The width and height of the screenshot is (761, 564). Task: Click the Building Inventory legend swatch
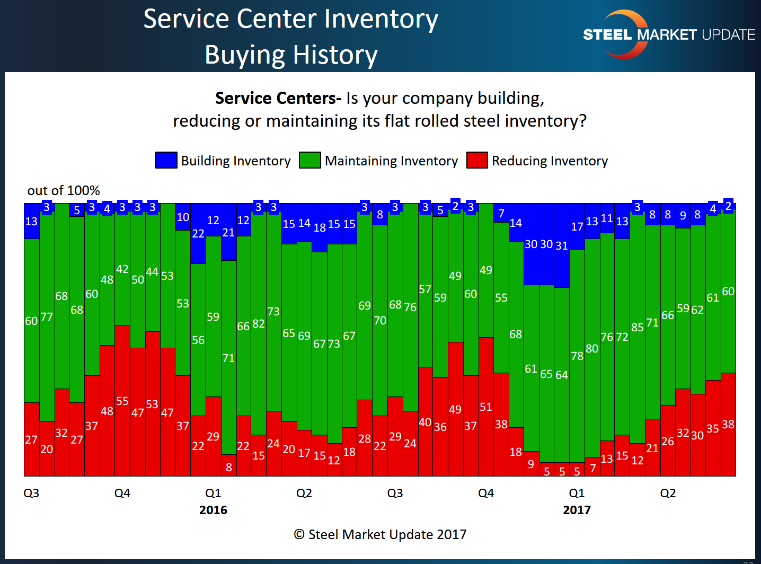tap(166, 160)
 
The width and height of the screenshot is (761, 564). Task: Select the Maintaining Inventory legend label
tap(391, 161)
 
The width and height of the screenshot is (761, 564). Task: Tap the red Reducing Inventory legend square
tap(477, 160)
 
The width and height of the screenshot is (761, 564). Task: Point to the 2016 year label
tap(213, 510)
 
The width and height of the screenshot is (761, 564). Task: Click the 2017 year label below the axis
tap(577, 510)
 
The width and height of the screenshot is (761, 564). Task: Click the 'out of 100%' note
tap(64, 190)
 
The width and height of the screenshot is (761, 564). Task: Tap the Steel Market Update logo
tap(669, 34)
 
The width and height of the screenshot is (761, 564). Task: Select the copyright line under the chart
tap(380, 534)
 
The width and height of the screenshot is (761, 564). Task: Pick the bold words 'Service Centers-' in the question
tap(278, 98)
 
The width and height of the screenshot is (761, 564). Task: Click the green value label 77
tap(47, 317)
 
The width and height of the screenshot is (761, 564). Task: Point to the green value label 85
tap(638, 327)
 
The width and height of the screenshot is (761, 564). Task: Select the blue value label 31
tap(562, 245)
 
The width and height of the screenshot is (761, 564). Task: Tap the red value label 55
tap(122, 401)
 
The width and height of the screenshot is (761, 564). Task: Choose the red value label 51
tap(486, 407)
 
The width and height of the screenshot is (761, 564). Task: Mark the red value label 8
tap(229, 467)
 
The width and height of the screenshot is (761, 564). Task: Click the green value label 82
tap(259, 323)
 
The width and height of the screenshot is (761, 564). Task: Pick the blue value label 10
tap(183, 217)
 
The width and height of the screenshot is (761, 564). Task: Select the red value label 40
tap(425, 422)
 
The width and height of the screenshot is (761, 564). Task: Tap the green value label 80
tap(592, 348)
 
